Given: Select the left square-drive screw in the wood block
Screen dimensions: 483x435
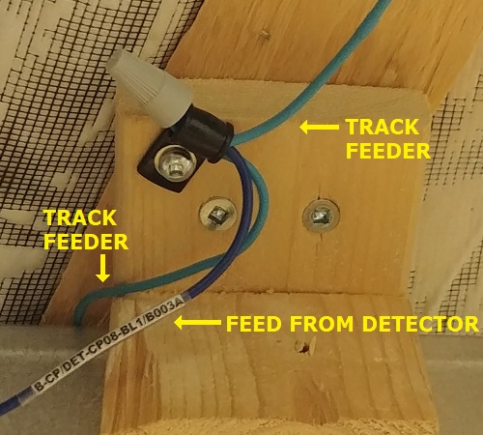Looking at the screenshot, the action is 218,214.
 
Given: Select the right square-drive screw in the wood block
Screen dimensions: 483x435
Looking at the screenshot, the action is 321,215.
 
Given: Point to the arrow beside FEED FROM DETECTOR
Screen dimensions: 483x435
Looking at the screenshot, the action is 197,323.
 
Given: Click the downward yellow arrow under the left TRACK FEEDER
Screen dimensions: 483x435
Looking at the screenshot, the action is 102,268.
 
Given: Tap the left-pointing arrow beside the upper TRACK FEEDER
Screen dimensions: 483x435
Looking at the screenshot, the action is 319,128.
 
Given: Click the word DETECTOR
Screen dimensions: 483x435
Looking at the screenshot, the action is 420,324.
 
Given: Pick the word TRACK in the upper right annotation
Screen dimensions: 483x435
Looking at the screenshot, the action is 382,127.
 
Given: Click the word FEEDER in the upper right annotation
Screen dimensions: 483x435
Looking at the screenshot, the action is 388,150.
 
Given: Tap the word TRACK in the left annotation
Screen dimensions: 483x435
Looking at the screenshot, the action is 80,217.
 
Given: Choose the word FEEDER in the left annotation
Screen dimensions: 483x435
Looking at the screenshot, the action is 86,242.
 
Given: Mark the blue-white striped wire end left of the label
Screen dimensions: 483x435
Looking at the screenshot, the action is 13,402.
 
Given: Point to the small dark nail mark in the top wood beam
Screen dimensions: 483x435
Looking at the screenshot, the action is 265,33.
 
